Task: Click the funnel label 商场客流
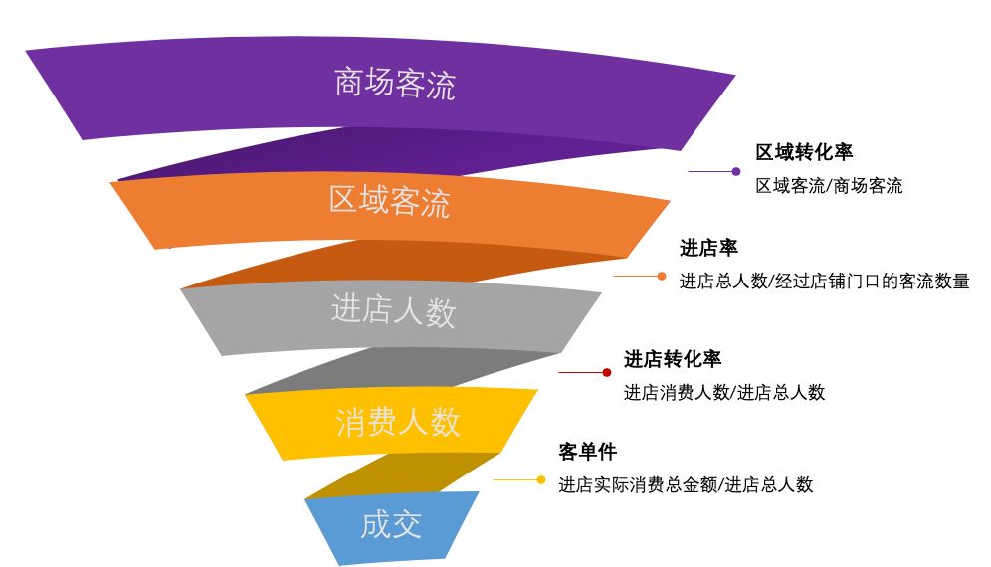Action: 394,84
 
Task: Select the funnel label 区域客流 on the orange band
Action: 389,202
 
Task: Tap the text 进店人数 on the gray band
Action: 393,311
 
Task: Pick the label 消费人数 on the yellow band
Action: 397,422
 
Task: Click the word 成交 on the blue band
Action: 391,524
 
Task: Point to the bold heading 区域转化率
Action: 804,152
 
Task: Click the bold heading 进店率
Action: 708,249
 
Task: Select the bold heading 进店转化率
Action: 673,360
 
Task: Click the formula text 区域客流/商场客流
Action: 829,186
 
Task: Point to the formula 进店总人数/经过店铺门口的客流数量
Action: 824,282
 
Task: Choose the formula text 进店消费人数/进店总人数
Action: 724,393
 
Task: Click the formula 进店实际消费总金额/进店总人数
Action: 686,485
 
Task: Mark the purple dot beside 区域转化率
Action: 736,171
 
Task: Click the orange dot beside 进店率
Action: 662,276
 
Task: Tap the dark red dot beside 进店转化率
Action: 607,372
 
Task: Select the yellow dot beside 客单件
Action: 541,479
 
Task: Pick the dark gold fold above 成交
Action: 408,474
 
